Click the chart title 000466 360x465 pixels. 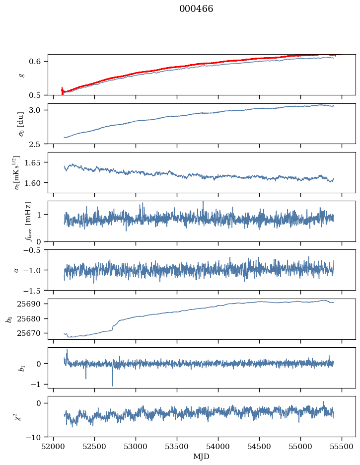196,9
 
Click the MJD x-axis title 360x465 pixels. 202,456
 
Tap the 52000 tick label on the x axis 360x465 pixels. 54,446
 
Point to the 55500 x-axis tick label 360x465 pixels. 342,446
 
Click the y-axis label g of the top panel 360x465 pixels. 21,75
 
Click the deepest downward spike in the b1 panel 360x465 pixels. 112,386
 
